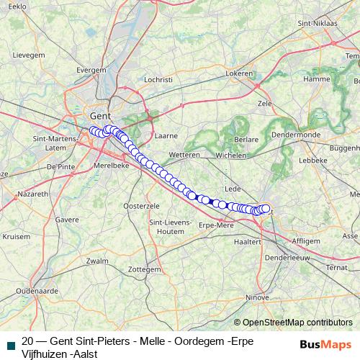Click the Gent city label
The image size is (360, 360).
[99, 116]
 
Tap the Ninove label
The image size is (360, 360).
[257, 296]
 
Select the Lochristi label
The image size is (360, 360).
[158, 79]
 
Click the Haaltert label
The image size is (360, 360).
[247, 243]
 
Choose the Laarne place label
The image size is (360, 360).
[166, 135]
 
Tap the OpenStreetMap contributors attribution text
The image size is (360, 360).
[297, 322]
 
